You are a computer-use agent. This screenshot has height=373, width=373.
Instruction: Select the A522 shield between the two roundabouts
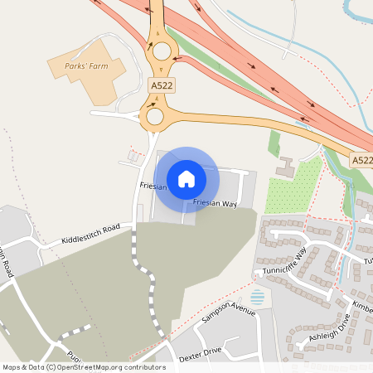(161, 85)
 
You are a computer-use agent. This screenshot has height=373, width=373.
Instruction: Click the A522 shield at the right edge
(361, 160)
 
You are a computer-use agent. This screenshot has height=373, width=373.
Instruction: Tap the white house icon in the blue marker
(186, 178)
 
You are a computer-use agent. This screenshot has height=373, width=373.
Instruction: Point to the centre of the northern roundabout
(160, 51)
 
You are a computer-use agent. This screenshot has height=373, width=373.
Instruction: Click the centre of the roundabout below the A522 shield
(155, 116)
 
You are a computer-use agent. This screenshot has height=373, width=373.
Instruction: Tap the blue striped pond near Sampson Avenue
(259, 296)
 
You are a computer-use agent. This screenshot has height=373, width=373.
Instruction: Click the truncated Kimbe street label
(362, 306)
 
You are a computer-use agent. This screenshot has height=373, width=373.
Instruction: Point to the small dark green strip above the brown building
(274, 143)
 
